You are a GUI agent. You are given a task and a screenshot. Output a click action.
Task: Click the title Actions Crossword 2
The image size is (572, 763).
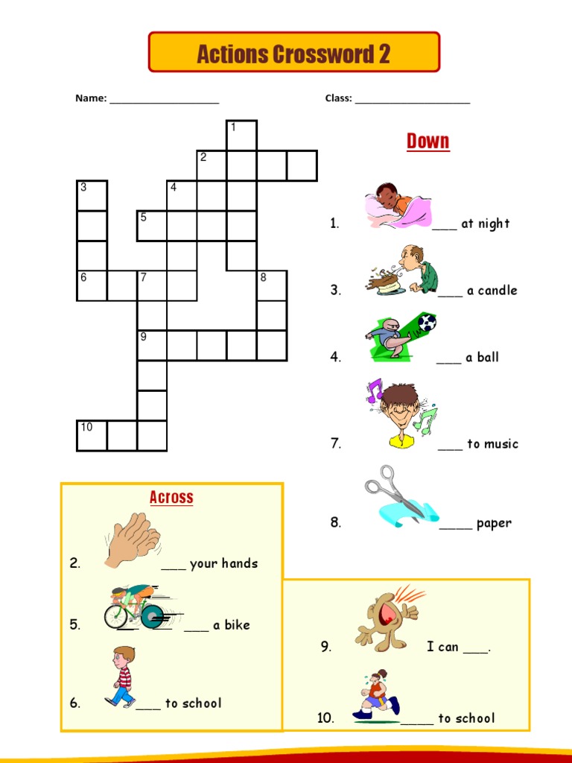[293, 54]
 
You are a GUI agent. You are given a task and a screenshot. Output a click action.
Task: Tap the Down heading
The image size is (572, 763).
[428, 141]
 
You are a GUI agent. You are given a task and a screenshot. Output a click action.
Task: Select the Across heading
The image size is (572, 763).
[171, 497]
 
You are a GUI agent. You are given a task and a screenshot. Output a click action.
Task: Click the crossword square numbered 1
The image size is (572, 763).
[242, 136]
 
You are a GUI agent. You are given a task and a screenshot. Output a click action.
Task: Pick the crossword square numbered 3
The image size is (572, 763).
[92, 196]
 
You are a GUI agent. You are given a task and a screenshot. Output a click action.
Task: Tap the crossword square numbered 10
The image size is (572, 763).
[92, 436]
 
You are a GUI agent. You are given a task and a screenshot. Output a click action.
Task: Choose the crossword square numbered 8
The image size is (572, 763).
[272, 285]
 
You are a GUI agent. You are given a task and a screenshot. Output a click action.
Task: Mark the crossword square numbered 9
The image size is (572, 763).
[152, 346]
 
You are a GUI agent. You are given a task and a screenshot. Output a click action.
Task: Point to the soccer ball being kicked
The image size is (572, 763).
[427, 322]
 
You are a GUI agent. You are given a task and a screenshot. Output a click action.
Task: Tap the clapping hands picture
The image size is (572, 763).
[132, 540]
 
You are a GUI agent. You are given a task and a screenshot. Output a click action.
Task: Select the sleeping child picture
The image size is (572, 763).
[398, 206]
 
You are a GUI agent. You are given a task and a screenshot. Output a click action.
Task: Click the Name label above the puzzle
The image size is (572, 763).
[91, 98]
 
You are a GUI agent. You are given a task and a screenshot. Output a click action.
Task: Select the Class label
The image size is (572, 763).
[339, 98]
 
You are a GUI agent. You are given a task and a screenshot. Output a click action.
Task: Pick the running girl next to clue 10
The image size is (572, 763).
[376, 695]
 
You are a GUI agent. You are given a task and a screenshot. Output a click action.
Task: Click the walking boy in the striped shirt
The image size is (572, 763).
[121, 677]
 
